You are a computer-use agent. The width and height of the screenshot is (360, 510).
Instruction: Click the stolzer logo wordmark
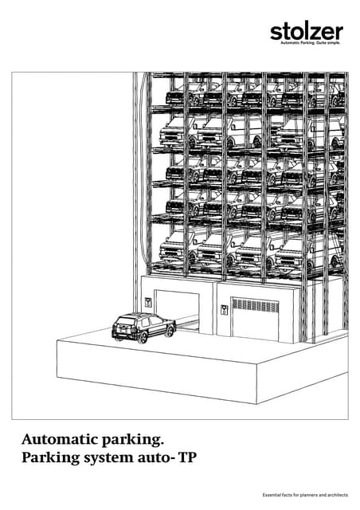307,32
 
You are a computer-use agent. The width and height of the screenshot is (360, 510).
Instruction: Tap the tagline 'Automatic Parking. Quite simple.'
311,43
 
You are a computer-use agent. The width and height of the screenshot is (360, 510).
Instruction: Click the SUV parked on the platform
143,327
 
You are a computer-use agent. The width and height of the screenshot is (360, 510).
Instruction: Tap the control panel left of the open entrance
148,303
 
